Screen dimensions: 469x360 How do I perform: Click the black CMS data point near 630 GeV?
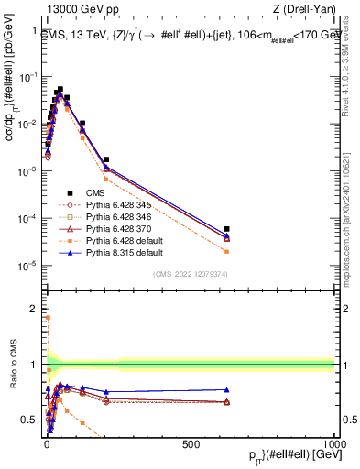coord(226,228)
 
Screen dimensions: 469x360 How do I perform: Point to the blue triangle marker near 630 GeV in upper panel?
coord(226,234)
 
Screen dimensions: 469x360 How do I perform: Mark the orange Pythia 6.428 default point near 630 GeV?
coord(226,251)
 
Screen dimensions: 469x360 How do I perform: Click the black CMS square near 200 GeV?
coord(106,159)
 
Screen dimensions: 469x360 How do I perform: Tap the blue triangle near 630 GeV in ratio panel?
coord(226,389)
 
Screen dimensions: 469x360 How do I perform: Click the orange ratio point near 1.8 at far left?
coord(47,318)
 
